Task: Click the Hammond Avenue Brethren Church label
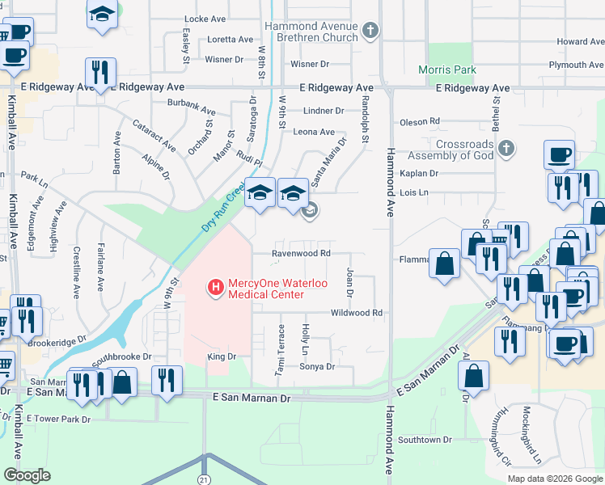311,32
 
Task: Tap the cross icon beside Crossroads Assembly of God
506,149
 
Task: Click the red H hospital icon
216,287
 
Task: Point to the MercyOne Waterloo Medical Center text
267,289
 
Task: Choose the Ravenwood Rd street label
301,253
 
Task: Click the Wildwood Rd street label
356,313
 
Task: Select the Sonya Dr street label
317,366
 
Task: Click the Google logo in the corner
27,474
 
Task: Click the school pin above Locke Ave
102,15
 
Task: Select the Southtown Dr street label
424,440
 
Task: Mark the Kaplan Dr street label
418,174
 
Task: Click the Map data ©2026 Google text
554,479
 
